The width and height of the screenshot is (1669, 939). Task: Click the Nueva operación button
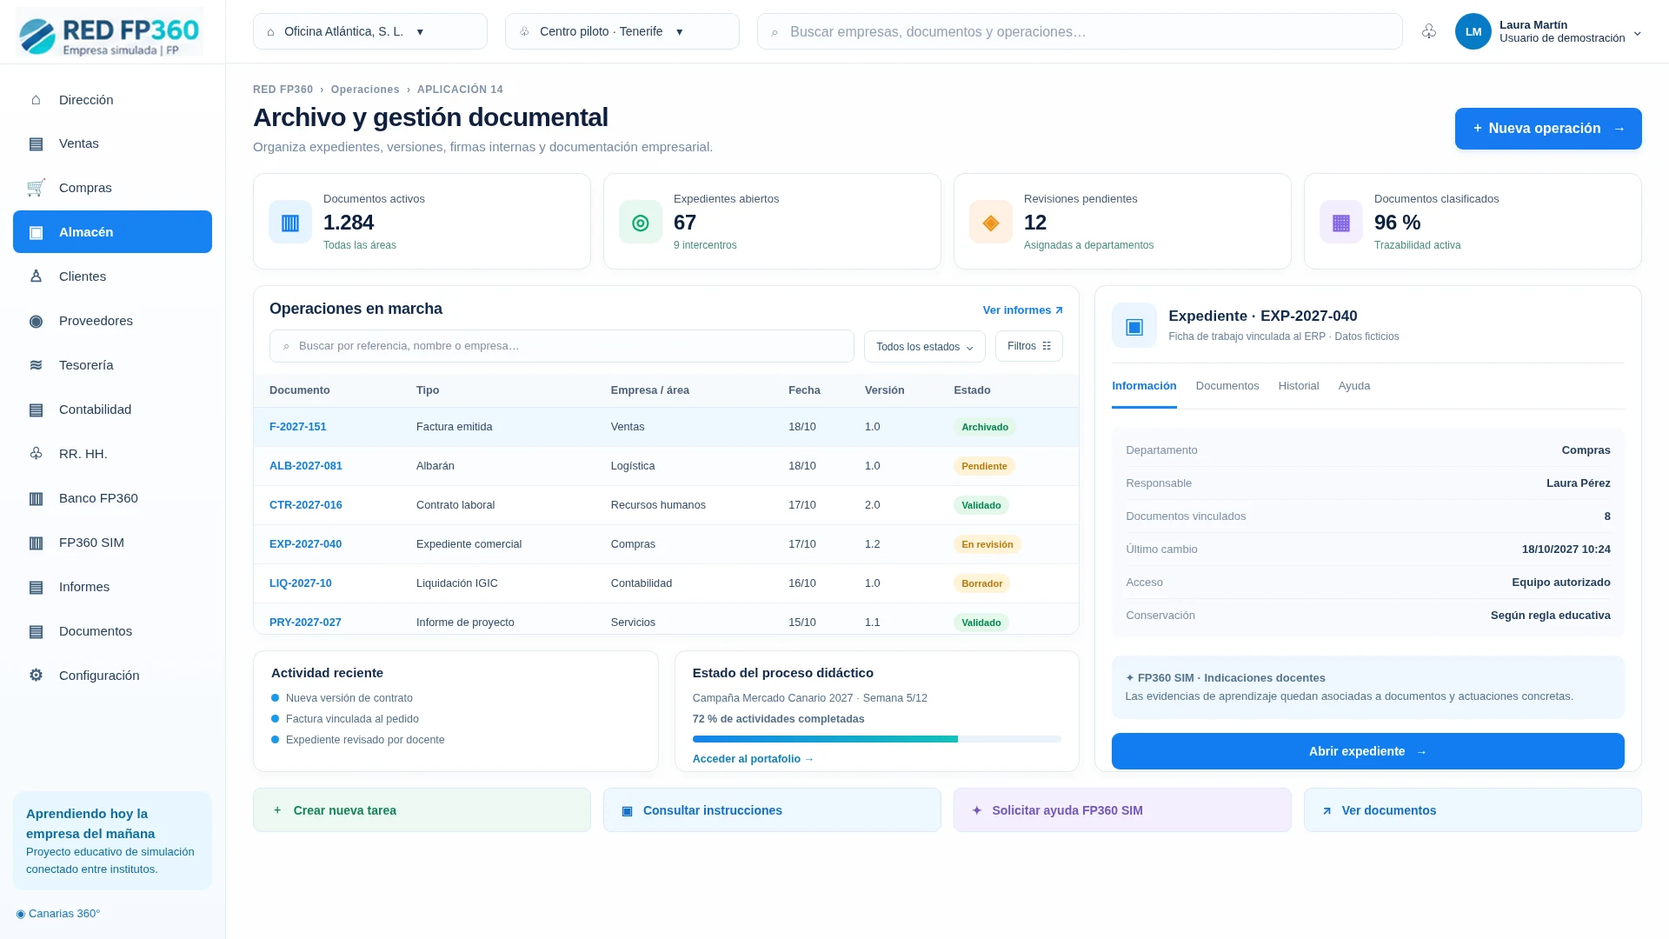[1548, 129]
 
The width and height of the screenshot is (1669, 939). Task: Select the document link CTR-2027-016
[306, 505]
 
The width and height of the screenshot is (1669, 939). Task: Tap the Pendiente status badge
[984, 466]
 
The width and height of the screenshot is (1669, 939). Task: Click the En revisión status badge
[987, 544]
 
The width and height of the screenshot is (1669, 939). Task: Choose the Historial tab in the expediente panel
[1299, 386]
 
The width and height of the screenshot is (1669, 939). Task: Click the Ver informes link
[1022, 310]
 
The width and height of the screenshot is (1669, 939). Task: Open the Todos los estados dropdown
[925, 346]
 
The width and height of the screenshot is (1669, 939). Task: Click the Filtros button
[1029, 346]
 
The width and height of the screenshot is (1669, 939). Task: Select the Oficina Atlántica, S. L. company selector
[370, 31]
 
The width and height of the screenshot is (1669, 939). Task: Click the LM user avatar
[1473, 31]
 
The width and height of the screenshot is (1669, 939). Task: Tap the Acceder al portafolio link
[753, 759]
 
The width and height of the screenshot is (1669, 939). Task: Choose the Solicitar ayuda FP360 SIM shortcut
[1122, 810]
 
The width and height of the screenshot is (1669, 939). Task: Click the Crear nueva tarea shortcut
[422, 810]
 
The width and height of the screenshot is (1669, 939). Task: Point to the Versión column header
[884, 390]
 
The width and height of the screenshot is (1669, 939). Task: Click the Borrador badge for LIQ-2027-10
[981, 583]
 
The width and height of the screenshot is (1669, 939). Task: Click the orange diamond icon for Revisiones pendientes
[991, 223]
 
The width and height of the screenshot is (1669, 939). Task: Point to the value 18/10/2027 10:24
[1566, 549]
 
